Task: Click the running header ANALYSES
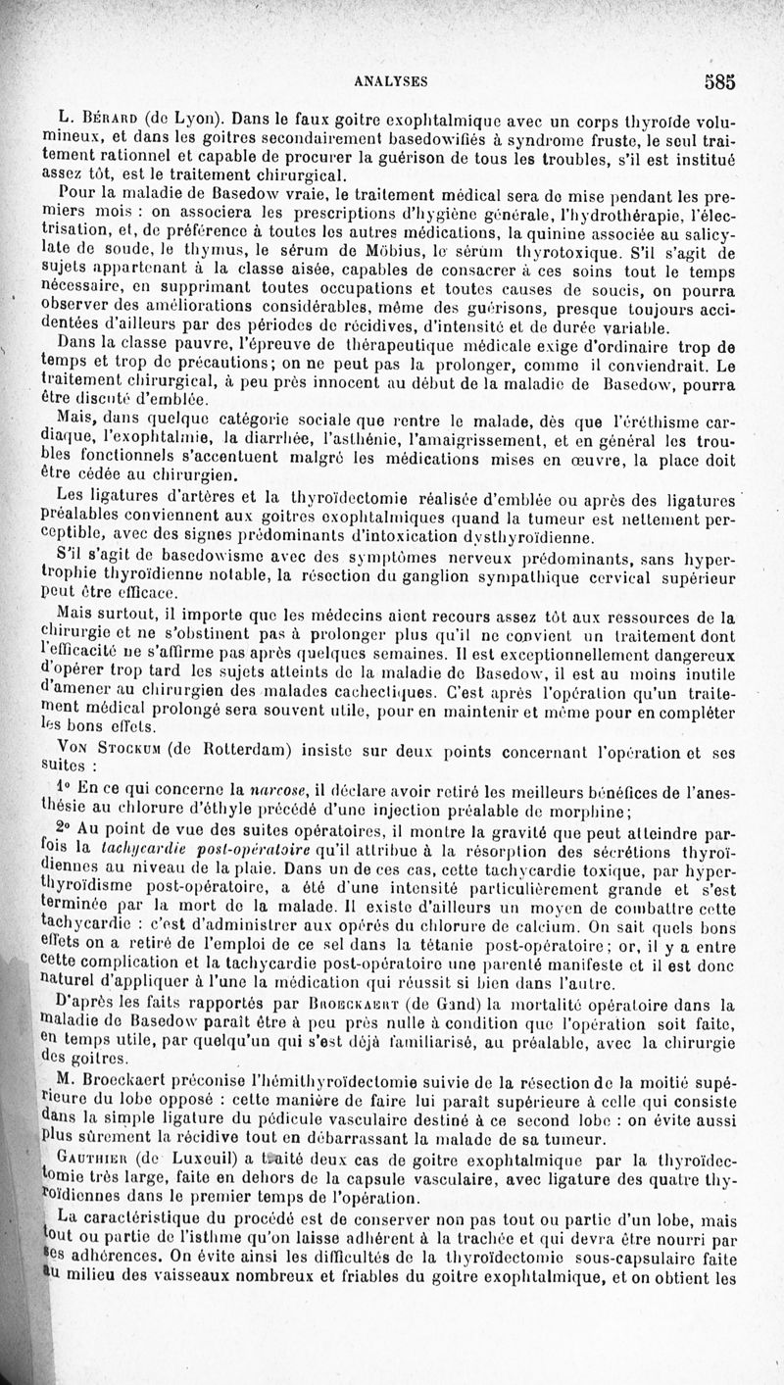(389, 82)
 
